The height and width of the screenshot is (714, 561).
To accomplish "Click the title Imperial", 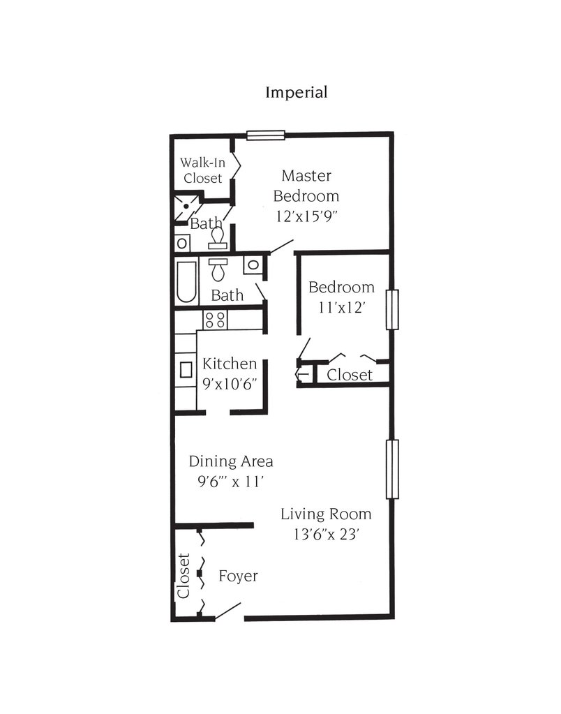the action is coord(297,92).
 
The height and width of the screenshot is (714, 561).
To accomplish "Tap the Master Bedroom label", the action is coord(306,186).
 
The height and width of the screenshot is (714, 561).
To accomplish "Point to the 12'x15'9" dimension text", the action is coord(306,216).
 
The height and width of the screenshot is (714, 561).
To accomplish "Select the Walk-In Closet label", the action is coord(202,170).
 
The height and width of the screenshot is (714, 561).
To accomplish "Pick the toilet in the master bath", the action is coord(218,238).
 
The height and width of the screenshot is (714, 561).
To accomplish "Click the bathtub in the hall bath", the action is coord(187,283).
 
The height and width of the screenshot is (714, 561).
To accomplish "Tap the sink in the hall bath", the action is coord(253,265).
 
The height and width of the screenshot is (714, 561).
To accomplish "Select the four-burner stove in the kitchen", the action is coord(215,319).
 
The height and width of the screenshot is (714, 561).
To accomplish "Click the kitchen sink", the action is coord(186,369).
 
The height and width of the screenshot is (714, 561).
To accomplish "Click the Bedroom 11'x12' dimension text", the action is coord(341,308).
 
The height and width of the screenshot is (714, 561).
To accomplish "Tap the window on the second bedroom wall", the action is coord(392,310).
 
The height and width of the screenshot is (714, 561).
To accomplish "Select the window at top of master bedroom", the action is coord(266,135).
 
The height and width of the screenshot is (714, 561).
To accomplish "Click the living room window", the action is coord(392,469).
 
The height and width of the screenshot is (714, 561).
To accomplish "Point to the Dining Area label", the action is coord(231,461).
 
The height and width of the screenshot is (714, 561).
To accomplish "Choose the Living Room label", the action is coord(326,514).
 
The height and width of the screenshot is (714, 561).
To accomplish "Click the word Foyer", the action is coord(238,576).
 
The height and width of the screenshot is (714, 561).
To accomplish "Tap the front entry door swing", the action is coord(227,611).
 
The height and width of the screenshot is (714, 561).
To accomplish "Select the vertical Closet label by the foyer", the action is coord(184,576).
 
